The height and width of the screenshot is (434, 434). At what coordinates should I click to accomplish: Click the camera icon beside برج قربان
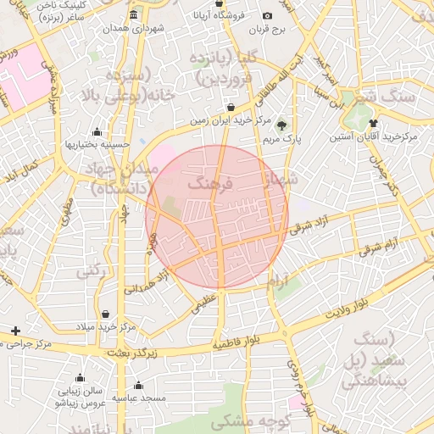[268, 16]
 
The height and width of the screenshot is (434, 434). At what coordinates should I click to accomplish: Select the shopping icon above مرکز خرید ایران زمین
[231, 108]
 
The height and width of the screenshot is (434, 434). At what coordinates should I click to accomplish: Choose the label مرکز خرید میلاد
[105, 326]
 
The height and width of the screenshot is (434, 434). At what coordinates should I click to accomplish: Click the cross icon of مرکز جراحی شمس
[15, 330]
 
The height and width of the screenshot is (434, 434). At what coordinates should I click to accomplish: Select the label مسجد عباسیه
[142, 398]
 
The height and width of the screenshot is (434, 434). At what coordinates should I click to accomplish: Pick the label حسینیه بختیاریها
[97, 144]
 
